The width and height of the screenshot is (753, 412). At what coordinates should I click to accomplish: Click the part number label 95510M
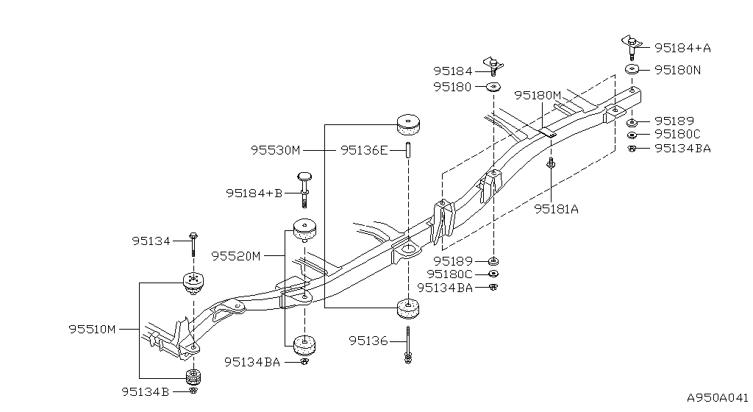point(92,330)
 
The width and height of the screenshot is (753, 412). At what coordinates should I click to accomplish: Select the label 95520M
point(236,256)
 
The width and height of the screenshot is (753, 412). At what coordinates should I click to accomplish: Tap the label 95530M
point(275,150)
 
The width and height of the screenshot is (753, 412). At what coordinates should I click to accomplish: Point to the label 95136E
point(364,150)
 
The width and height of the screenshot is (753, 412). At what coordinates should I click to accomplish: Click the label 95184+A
point(683,48)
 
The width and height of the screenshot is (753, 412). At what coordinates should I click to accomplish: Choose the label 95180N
point(677,70)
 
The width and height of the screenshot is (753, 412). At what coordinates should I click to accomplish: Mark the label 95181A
point(556,209)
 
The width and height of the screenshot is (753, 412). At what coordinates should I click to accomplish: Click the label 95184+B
point(254,193)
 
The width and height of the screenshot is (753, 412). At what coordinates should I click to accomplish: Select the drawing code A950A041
point(718,397)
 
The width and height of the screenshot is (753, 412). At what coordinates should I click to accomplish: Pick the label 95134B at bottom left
point(146,392)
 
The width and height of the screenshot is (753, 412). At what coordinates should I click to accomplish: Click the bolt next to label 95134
point(193,244)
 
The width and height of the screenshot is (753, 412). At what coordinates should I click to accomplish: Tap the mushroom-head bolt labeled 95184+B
point(304,188)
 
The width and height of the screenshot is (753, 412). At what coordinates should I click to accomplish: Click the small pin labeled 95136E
point(408,150)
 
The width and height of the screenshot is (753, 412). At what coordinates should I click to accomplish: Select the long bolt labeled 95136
point(407,345)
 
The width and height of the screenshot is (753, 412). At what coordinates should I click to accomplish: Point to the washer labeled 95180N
point(632,69)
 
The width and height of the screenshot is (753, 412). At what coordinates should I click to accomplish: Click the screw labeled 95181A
point(552,163)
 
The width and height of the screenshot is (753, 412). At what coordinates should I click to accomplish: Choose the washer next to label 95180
point(493,87)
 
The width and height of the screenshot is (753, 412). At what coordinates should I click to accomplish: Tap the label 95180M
point(538,95)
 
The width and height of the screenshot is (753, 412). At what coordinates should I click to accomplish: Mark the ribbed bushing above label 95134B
point(193,377)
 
